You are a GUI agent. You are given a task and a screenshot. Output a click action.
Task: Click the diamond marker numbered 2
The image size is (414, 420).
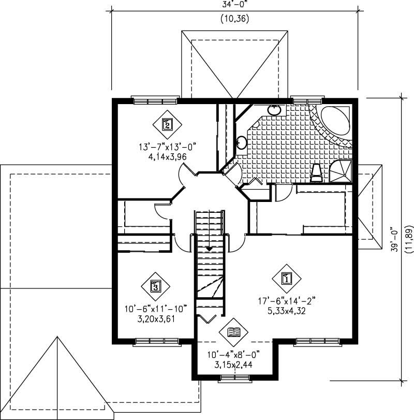pos(167,124)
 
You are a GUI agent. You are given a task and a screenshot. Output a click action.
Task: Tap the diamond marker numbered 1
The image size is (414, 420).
pos(285,278)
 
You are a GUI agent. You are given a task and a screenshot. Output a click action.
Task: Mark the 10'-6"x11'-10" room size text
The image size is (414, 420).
pos(155,309)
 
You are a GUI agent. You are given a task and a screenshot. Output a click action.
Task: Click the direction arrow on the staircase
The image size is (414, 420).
pos(209,249)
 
